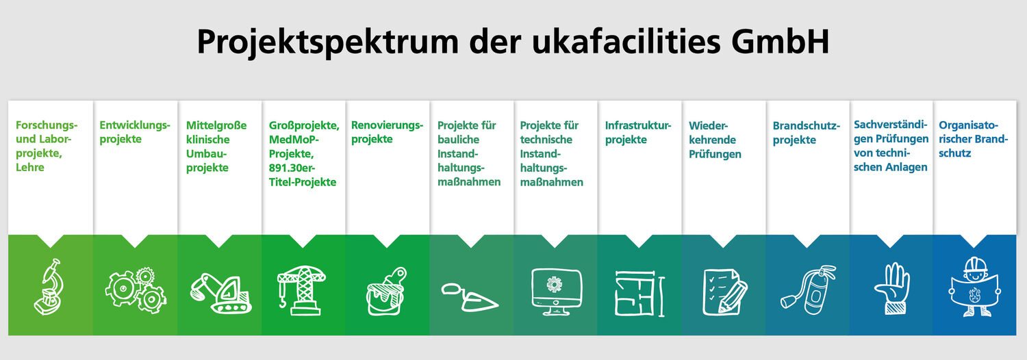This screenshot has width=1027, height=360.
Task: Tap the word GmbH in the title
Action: (780, 41)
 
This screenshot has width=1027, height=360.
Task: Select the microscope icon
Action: (49, 287)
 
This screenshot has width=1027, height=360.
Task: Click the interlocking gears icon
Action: (136, 290)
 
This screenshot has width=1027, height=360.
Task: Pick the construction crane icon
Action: (301, 290)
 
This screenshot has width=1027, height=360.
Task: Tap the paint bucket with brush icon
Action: (387, 292)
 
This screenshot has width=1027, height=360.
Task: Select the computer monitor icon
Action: (556, 292)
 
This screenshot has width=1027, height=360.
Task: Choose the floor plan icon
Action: (639, 293)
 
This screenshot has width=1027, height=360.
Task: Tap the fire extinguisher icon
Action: (808, 290)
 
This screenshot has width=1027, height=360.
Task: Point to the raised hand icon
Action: (892, 288)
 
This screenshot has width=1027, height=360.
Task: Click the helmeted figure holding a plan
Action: (974, 287)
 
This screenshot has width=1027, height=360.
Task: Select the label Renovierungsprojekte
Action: (387, 132)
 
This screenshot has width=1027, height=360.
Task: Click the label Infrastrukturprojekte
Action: (637, 132)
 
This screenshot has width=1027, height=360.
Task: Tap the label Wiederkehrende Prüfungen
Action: (715, 140)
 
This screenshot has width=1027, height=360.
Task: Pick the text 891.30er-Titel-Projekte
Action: (302, 175)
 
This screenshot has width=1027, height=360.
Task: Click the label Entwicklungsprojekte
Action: (135, 132)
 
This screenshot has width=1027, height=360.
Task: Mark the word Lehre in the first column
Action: (30, 168)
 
